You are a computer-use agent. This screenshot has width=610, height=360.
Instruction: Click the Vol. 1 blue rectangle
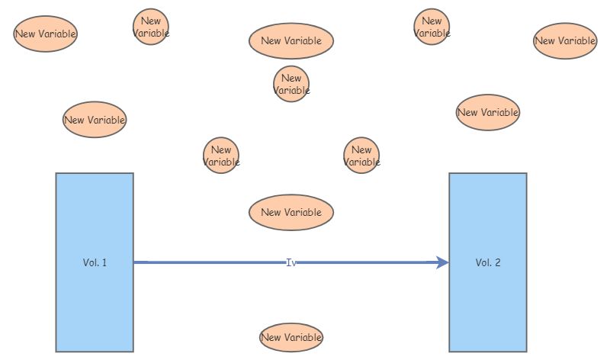(95, 262)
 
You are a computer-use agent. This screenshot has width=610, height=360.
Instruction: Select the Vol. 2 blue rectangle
(488, 262)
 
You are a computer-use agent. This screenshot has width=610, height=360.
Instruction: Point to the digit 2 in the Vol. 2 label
(498, 262)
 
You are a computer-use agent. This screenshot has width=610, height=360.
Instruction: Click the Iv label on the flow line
(291, 262)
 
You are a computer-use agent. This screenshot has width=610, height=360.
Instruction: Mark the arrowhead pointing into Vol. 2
(443, 262)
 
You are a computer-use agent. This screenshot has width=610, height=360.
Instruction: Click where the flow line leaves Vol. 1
(134, 262)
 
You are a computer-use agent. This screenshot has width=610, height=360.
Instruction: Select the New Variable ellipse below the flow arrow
(291, 337)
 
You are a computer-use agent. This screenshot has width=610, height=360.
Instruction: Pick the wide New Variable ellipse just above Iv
(291, 213)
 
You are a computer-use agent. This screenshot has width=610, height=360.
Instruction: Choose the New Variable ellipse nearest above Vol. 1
(95, 120)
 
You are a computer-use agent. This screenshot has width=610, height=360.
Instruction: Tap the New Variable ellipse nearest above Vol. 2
(488, 112)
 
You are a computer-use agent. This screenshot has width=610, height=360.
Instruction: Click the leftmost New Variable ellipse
(45, 34)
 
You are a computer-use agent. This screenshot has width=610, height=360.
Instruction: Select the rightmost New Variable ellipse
(565, 41)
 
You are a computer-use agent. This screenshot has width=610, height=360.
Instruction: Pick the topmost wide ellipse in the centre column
(291, 41)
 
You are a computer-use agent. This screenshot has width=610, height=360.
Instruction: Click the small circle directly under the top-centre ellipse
(291, 84)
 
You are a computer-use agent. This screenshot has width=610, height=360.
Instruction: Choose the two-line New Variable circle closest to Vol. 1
(221, 156)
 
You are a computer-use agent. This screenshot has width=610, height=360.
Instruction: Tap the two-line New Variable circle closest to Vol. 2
(361, 156)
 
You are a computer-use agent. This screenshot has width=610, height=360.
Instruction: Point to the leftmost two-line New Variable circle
(151, 27)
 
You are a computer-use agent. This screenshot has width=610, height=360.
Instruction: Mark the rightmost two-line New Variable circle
(432, 27)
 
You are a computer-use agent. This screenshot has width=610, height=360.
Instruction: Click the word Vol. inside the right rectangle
(483, 262)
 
